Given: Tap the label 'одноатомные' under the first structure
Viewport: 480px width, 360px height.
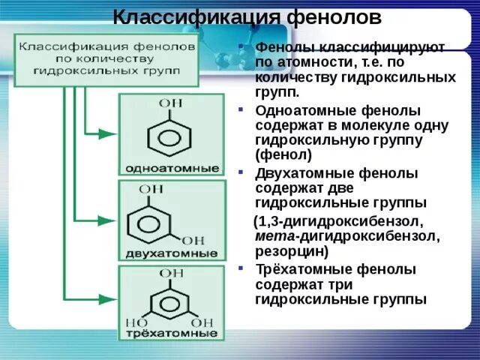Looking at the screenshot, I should point(171,166).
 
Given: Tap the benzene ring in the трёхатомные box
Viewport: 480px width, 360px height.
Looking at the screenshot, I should point(171,304).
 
